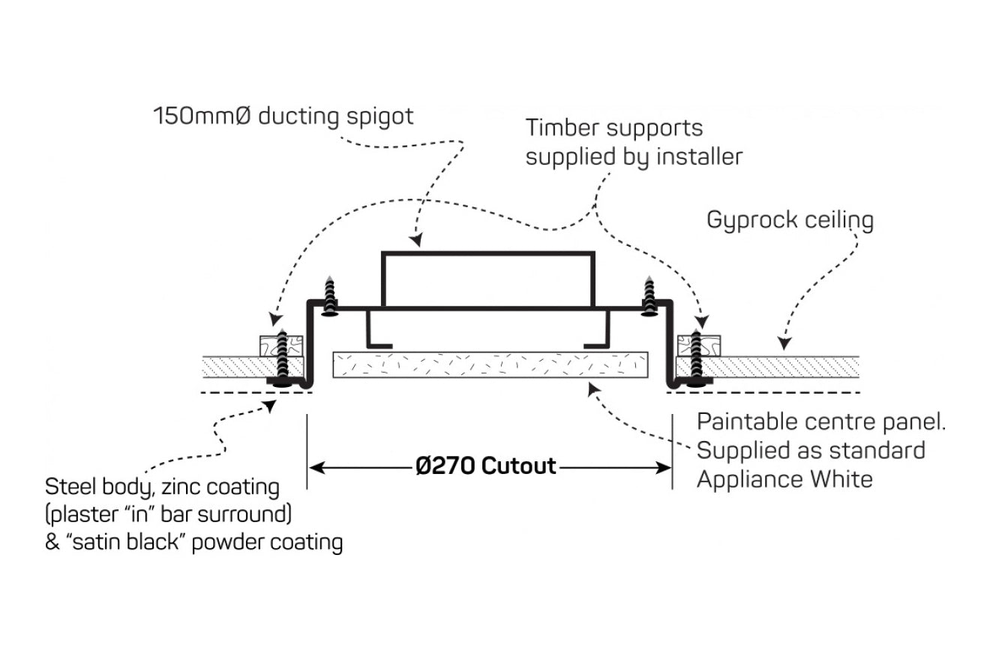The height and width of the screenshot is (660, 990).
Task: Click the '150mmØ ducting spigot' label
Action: [x=283, y=117]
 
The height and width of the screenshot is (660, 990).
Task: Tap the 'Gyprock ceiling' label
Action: [x=790, y=220]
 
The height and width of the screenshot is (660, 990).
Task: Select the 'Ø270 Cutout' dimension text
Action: [x=486, y=466]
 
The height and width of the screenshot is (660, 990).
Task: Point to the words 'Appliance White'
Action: [x=784, y=478]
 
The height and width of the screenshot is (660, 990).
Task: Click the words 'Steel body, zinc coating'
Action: [x=162, y=487]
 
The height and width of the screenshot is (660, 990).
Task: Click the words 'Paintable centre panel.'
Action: [x=821, y=421]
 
